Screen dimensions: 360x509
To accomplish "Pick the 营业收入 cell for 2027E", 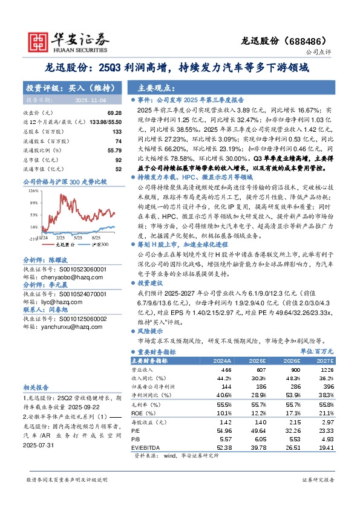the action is [327, 369].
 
